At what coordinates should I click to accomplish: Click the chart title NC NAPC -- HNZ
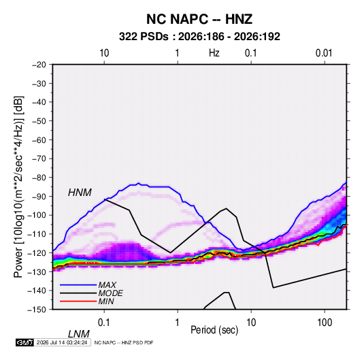[x=199, y=19]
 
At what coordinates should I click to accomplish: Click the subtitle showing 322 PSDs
[x=199, y=37]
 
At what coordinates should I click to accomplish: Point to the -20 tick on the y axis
[x=39, y=65]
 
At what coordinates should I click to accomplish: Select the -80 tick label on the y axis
[x=39, y=178]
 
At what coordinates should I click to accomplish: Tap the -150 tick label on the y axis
[x=37, y=310]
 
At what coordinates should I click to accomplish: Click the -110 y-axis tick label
[x=37, y=234]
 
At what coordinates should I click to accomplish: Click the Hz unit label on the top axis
[x=214, y=53]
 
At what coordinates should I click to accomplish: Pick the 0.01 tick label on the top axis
[x=324, y=53]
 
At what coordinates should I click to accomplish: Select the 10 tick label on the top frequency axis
[x=104, y=53]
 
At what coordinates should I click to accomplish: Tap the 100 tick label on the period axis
[x=325, y=323]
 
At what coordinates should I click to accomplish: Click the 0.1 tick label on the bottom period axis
[x=103, y=323]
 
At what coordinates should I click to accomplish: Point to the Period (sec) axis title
[x=214, y=330]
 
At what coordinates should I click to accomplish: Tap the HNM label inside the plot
[x=80, y=193]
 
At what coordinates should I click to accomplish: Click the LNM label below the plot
[x=79, y=334]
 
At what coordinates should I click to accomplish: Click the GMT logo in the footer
[x=24, y=342]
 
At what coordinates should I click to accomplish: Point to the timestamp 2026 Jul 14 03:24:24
[x=62, y=342]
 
